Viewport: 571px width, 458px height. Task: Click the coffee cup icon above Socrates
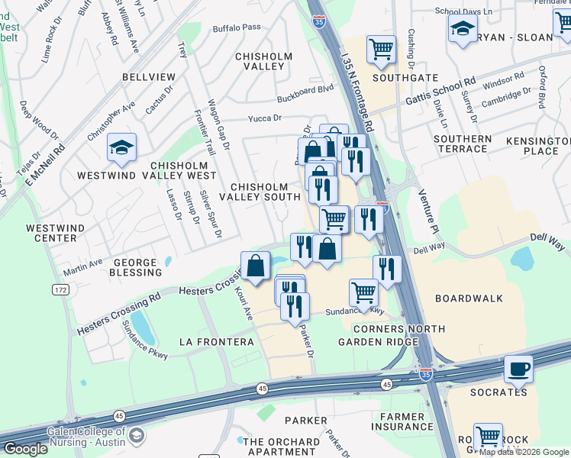pos(518,369)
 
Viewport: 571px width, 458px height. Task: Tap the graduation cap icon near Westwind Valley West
pos(121,147)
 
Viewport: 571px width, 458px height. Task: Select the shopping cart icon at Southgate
pos(381,49)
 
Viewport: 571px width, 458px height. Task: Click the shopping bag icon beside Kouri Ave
pos(256,265)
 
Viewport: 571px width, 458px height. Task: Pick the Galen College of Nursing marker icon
pos(137,436)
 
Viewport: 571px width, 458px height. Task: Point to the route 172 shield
pos(60,290)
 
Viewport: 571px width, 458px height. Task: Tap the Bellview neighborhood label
pos(149,77)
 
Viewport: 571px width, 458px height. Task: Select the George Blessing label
pos(135,267)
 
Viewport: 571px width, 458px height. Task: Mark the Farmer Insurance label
pos(403,421)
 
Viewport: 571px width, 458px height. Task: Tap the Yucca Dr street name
pos(265,118)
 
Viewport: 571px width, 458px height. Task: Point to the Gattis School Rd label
pos(440,92)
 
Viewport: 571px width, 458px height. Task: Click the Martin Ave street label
pos(82,268)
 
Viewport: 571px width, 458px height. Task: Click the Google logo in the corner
pos(24,449)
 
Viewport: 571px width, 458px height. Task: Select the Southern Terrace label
pos(463,144)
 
